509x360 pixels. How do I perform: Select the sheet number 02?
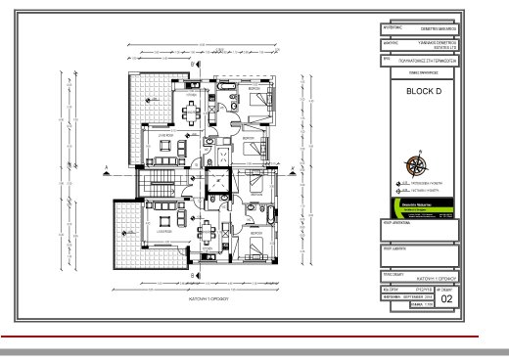(447, 301)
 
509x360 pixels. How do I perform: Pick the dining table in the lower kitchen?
(208, 235)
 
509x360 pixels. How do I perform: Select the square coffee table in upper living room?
(162, 149)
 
